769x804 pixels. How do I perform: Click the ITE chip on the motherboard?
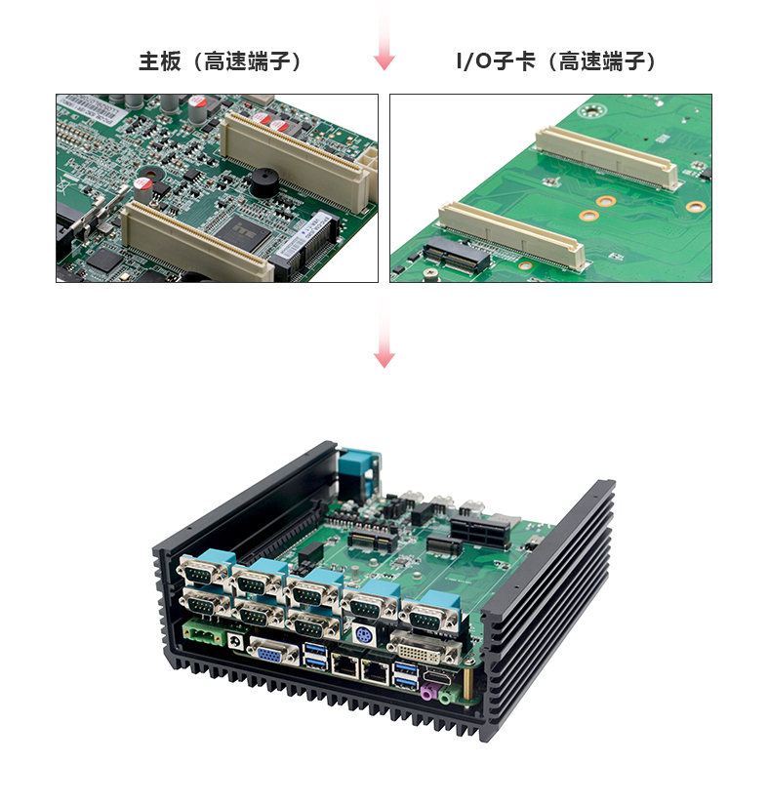[x=243, y=232]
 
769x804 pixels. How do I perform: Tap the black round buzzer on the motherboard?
[x=264, y=182]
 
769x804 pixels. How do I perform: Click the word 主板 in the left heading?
[x=160, y=61]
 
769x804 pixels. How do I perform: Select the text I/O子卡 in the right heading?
[x=496, y=61]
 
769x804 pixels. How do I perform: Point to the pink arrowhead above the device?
[x=384, y=360]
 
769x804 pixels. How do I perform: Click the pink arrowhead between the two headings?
[x=384, y=62]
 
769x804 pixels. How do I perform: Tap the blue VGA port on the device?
[x=273, y=654]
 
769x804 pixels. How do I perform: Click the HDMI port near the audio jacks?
[x=438, y=676]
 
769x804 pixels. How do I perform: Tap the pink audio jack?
[x=427, y=692]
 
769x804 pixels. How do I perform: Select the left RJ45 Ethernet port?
[x=345, y=665]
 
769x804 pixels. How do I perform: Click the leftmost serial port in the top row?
[x=204, y=573]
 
